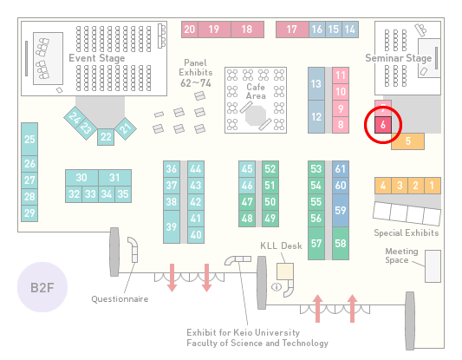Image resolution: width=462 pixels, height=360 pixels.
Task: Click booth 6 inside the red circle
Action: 383,125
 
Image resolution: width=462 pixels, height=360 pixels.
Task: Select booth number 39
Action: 172,226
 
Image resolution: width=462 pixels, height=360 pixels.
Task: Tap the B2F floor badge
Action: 42,287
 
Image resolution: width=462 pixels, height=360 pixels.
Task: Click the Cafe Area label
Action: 256,91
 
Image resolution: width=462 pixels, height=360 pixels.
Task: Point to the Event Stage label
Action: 96,58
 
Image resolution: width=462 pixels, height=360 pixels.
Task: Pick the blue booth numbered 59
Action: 341,210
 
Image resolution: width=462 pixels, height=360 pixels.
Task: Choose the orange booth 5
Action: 407,141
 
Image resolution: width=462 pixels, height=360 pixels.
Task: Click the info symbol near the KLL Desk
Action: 277,286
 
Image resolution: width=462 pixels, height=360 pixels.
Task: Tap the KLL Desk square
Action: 285,272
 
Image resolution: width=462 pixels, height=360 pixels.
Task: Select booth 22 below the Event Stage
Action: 106,137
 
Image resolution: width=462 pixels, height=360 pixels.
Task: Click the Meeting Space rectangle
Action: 433,266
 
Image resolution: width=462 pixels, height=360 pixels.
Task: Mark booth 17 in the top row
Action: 292,29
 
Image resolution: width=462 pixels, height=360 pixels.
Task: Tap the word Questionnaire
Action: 120,299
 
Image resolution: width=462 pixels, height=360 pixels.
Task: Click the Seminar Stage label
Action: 399,58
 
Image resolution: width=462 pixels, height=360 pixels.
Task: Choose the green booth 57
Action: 316,243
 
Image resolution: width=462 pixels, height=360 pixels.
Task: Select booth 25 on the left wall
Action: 29,139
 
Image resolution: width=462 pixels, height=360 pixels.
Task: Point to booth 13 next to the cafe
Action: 316,84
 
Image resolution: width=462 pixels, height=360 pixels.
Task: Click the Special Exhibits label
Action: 407,233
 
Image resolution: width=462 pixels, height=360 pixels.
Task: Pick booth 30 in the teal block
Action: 81,178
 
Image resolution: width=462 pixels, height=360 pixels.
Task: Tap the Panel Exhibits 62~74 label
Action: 196,73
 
